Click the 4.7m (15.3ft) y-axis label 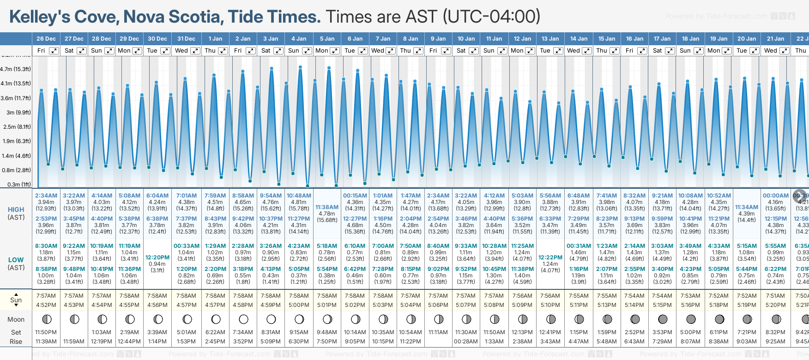click(16, 69)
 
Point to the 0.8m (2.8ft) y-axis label click(16, 170)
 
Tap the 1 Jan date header click(215, 39)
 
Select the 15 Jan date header click(607, 39)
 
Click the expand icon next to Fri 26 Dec click(54, 51)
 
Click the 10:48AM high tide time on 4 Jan click(299, 196)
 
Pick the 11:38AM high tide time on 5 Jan click(327, 207)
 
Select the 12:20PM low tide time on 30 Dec click(157, 258)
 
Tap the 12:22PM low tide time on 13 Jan click(550, 258)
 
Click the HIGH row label click(16, 210)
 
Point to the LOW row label click(16, 260)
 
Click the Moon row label click(16, 319)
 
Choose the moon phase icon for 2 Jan click(243, 319)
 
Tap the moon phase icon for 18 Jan click(691, 319)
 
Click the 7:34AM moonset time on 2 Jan click(243, 332)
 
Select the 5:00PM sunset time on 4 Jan click(299, 305)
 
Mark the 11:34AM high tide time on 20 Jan click(747, 207)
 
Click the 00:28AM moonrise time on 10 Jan click(466, 342)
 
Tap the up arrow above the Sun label click(16, 294)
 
